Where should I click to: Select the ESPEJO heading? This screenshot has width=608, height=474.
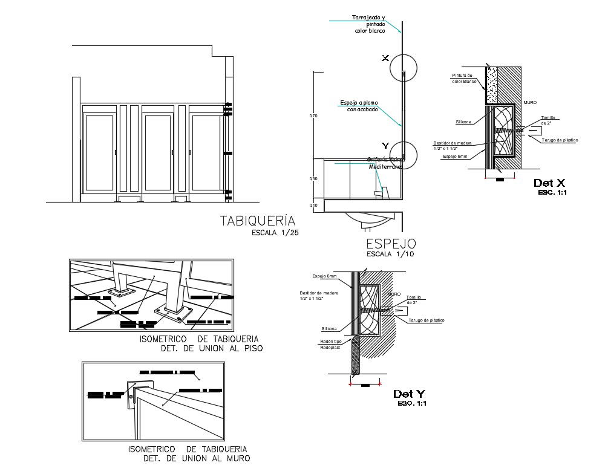[391, 244]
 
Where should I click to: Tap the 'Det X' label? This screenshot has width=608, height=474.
[549, 183]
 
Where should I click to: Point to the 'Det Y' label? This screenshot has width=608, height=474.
[409, 394]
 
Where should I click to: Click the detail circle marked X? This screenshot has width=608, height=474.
[403, 67]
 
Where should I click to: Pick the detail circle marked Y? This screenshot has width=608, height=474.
[403, 155]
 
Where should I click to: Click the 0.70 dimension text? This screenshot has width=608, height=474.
[313, 115]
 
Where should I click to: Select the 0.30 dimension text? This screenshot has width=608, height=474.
[313, 179]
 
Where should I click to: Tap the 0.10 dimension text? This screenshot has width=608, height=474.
[313, 206]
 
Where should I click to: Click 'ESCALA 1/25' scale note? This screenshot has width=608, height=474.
[275, 232]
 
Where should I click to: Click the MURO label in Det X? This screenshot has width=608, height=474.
[530, 102]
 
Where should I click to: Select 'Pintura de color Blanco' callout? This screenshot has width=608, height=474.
[465, 78]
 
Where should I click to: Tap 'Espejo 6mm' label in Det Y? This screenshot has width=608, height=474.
[324, 276]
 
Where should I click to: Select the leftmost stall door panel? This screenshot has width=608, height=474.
[99, 151]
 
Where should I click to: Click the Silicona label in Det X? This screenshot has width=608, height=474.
[464, 122]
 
